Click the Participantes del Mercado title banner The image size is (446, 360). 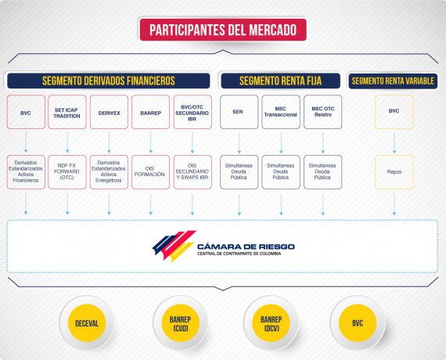coord(223,30)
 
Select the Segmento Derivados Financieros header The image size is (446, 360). coord(109,81)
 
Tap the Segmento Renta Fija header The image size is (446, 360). coord(280,81)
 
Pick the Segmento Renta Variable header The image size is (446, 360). coord(393,81)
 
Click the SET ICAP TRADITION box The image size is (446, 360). coord(67,112)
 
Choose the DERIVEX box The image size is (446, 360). coord(109,112)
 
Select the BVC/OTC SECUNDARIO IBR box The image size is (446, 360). coord(192,112)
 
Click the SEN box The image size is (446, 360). coord(239,112)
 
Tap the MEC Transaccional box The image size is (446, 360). coord(281,112)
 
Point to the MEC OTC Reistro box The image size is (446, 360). coord(323,112)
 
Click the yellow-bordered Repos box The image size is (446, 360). coord(394,172)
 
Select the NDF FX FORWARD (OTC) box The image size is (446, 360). coord(67,172)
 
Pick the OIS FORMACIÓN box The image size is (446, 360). coord(150,172)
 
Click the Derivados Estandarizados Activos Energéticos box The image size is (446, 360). coord(109,172)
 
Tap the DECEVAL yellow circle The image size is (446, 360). coord(87,323)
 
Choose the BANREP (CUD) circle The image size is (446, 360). coord(180,323)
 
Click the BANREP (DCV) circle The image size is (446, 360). coord(271,323)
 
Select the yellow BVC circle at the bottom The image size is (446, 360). coord(358,323)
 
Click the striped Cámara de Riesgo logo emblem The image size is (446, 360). coord(174,246)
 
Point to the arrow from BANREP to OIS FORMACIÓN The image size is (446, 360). coord(151,142)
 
